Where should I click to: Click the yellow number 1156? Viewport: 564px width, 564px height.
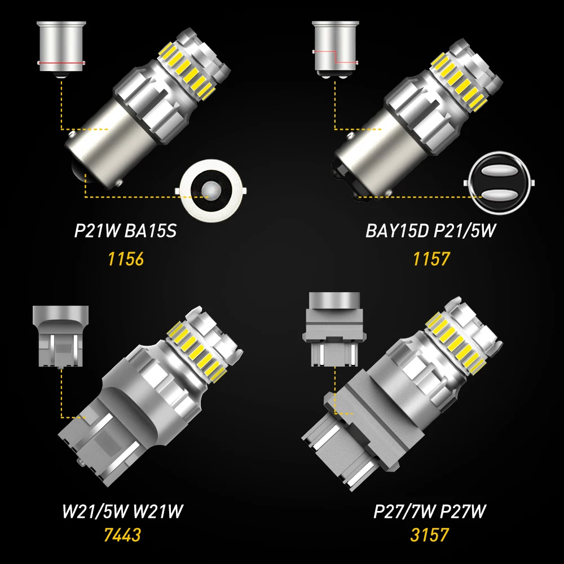point(126,259)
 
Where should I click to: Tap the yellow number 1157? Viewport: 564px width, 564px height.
point(431,259)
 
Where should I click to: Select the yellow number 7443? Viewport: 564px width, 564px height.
point(122,535)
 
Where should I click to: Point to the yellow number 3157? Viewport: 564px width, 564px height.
point(429,535)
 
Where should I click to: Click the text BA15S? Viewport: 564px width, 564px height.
point(151,231)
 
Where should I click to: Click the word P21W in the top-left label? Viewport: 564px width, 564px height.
point(96,231)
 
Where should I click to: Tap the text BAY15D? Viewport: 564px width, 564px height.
point(397,231)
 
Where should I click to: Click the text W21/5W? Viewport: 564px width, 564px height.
point(95,511)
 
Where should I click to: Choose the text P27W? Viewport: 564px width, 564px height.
point(464,511)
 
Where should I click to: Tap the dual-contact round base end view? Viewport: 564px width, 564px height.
point(499,183)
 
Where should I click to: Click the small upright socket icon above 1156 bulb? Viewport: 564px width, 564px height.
point(61,50)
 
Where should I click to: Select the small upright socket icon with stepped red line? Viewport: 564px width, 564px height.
point(335,50)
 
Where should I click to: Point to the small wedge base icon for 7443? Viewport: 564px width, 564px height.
point(60,337)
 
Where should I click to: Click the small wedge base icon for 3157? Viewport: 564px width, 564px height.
point(334,329)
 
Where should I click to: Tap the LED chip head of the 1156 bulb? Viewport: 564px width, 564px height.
point(194,64)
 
